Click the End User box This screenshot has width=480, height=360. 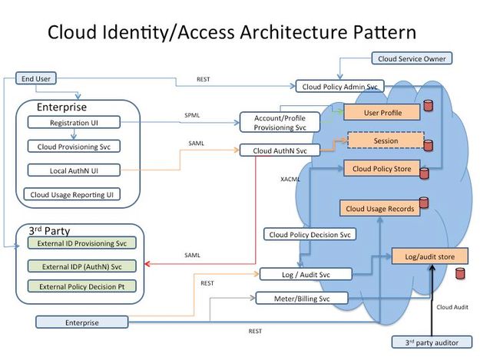point(36,78)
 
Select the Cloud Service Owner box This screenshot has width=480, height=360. point(412,58)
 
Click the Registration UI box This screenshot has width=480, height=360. point(73,122)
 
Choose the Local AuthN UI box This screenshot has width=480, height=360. point(73,170)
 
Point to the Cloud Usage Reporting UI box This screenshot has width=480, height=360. point(73,195)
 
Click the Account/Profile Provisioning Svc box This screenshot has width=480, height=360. point(278,123)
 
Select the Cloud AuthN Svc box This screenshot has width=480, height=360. point(280,151)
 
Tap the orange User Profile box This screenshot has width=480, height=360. point(382,114)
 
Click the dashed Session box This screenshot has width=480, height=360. point(386,141)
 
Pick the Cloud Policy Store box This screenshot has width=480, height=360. point(382,168)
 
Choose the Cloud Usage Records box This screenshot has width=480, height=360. point(379,208)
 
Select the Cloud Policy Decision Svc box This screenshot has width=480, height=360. point(310,234)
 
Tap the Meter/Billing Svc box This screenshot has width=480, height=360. point(302,298)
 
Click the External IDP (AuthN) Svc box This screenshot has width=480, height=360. point(81,266)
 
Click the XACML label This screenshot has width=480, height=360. point(290,179)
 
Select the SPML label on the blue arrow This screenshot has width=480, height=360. point(192,116)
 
